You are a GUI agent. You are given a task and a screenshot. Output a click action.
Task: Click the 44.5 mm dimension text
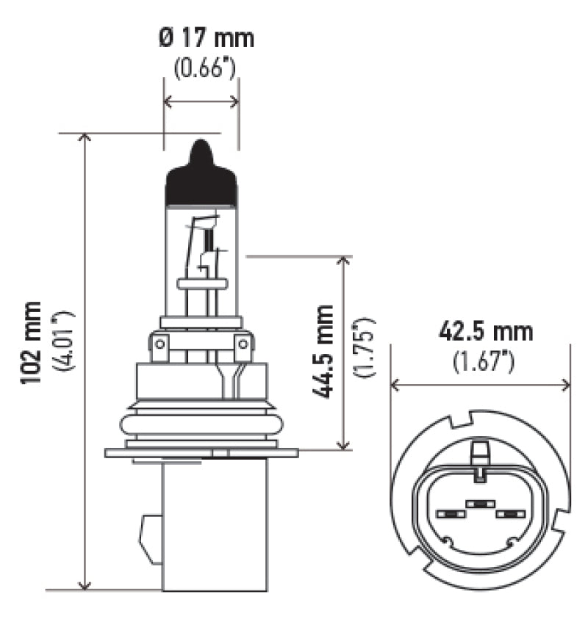[x=323, y=352]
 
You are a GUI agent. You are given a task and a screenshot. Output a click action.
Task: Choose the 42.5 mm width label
[x=484, y=331]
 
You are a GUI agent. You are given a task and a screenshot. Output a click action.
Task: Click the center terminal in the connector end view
[x=478, y=504]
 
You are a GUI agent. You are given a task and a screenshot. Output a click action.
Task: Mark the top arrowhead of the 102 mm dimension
[x=85, y=139]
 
